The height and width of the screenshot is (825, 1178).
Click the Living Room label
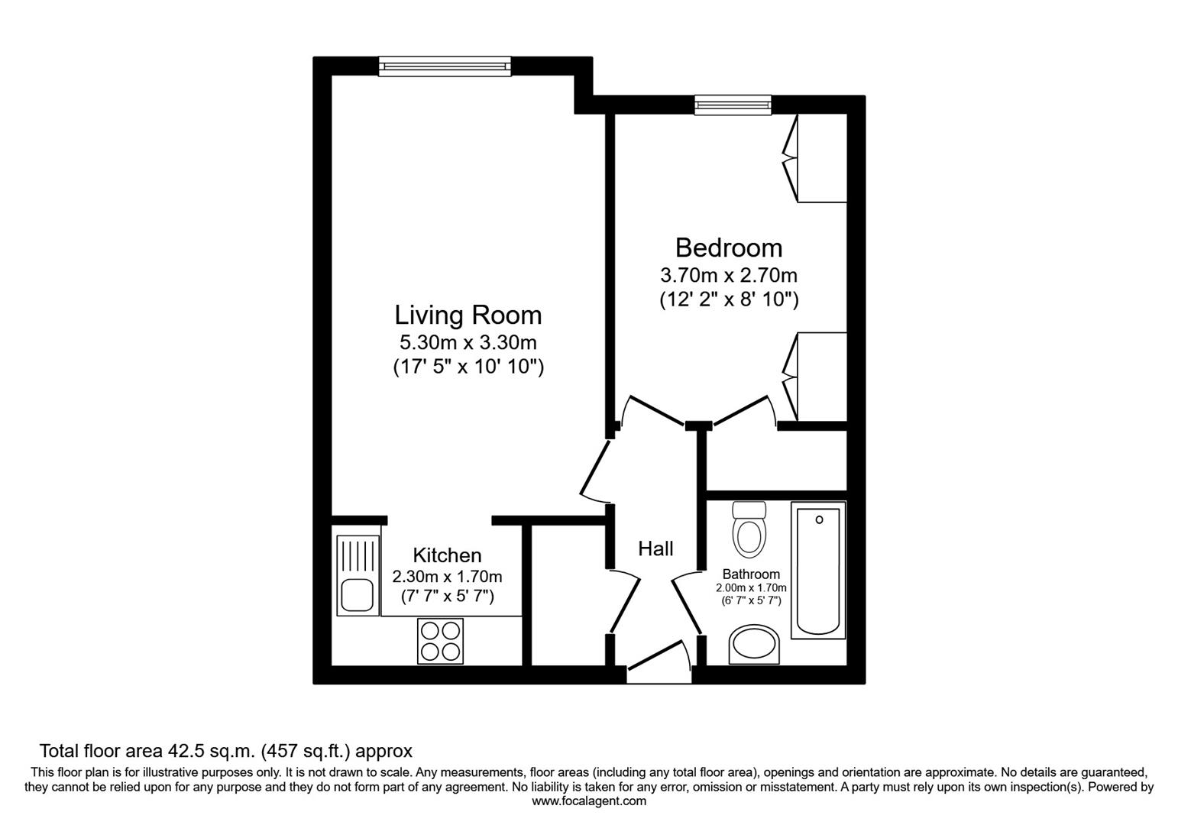468,315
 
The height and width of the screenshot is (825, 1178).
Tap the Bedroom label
728,247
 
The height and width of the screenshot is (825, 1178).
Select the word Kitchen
447,555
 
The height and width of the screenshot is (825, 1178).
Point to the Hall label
655,548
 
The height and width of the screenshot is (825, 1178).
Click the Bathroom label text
751,574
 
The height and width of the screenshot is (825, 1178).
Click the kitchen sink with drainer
358,575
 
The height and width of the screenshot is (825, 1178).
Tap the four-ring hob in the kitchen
441,640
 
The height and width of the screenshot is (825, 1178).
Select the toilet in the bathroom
749,529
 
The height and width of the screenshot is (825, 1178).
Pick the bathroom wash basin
753,645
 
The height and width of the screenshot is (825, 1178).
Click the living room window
445,66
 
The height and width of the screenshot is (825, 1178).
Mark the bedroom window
733,105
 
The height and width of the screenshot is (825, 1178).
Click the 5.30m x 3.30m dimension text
468,341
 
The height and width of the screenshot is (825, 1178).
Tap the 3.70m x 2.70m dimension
728,274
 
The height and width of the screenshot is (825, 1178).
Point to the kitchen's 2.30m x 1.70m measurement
447,576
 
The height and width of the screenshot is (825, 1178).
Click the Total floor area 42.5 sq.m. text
225,751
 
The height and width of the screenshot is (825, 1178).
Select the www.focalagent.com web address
588,801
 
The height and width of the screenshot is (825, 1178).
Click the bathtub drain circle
819,519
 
